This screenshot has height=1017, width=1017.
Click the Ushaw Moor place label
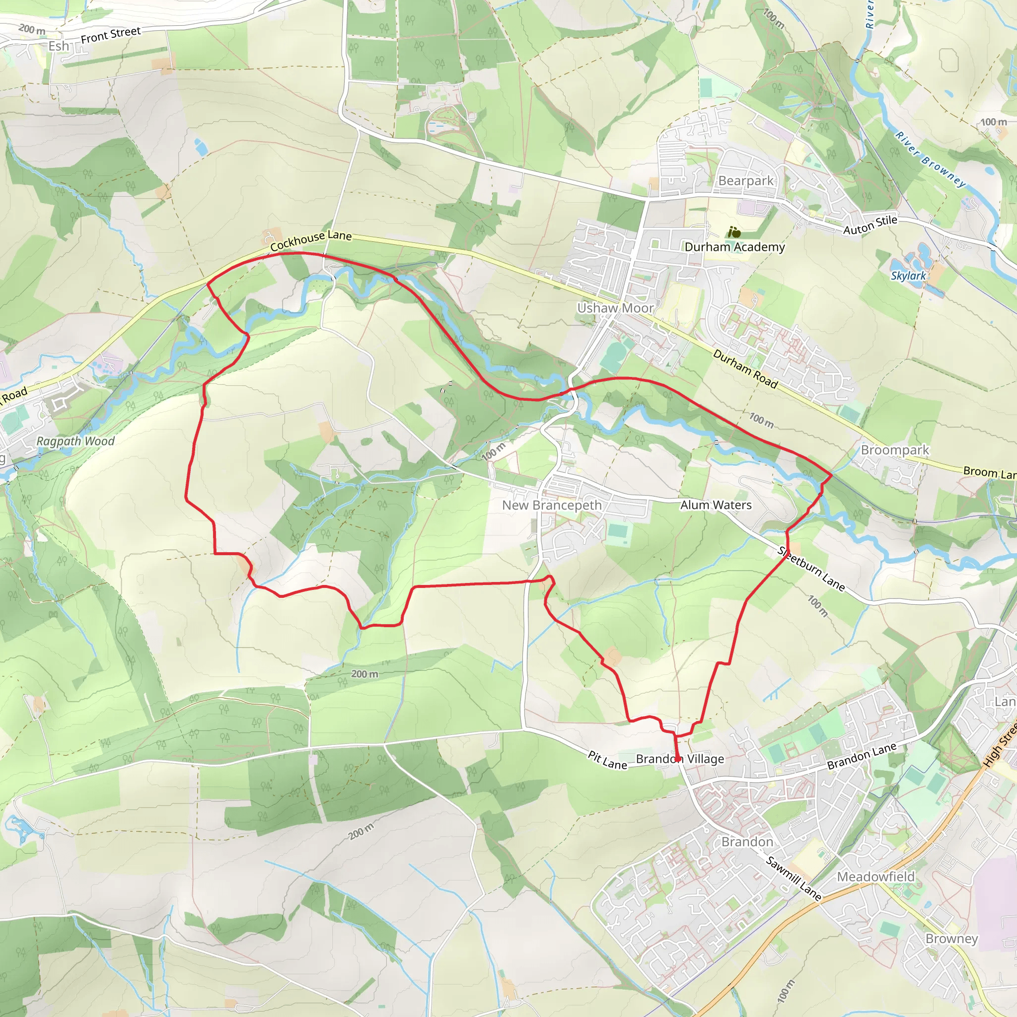click(x=615, y=308)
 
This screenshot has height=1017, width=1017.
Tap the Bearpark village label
click(x=746, y=181)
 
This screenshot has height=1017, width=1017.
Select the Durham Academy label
click(x=734, y=247)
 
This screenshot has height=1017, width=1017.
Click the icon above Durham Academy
click(x=734, y=231)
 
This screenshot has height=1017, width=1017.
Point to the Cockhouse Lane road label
click(x=310, y=240)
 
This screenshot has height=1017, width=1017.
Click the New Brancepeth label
click(x=552, y=506)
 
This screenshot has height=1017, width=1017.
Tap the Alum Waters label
click(x=716, y=505)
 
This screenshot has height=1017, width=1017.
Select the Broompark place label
click(x=895, y=450)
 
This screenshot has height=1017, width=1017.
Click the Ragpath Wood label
click(x=75, y=441)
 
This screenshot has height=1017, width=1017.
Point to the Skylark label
click(x=908, y=275)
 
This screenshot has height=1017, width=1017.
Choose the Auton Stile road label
click(x=870, y=225)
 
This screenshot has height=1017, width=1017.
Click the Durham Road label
click(x=745, y=368)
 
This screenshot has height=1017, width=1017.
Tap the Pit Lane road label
click(x=607, y=760)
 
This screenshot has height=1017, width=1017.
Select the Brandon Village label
click(x=680, y=759)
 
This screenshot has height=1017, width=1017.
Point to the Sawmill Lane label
click(x=794, y=878)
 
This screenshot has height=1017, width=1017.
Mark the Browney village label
click(x=952, y=939)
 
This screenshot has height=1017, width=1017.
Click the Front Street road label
click(x=111, y=35)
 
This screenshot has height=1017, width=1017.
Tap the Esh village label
click(x=59, y=46)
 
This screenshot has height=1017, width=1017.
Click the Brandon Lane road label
click(x=861, y=756)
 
